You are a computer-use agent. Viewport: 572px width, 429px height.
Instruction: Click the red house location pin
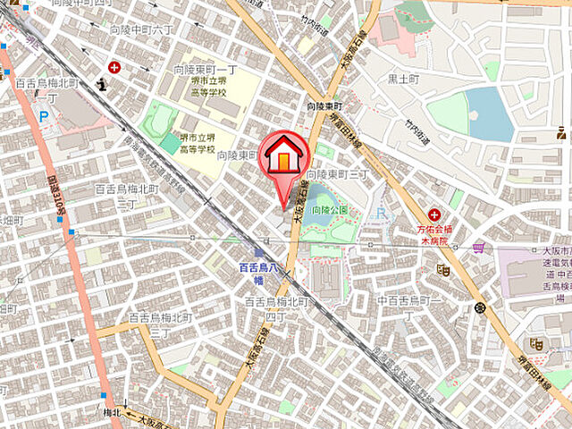tap(283, 161)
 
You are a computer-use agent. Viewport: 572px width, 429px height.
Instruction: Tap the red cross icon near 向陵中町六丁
tap(114, 66)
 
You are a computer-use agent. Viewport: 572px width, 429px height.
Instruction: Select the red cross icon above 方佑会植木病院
tap(433, 215)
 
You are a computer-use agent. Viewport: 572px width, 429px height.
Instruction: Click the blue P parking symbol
tap(44, 114)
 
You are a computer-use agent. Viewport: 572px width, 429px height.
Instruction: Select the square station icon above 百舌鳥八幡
tap(258, 254)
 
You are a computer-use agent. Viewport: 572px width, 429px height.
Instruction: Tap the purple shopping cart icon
tap(479, 247)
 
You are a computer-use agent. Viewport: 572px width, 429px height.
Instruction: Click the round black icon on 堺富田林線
tap(481, 307)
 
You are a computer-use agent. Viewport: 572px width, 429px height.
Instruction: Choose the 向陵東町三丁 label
tap(338, 173)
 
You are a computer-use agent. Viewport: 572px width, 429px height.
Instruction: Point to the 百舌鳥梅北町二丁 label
tap(126, 196)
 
